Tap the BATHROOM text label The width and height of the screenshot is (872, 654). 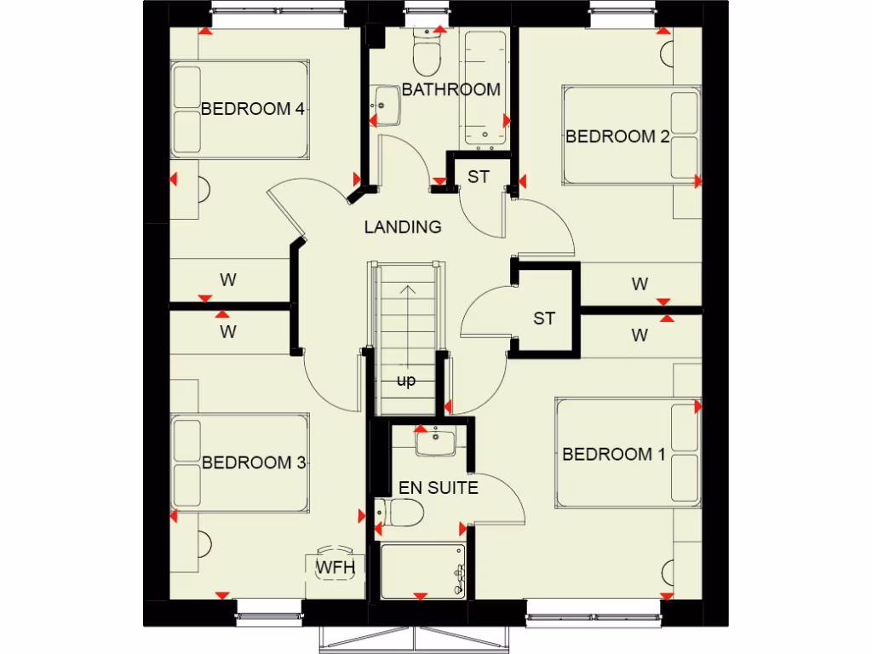[x=450, y=89]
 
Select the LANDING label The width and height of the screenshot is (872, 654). [x=403, y=227]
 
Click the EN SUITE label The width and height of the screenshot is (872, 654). [x=439, y=488]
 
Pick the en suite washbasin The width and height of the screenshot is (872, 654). [x=435, y=443]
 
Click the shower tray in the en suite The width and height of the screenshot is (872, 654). [x=422, y=571]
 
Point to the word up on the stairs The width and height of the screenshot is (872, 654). [x=406, y=381]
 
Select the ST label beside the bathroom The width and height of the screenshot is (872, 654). [x=479, y=177]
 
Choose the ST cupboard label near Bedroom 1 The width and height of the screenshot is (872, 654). [x=544, y=318]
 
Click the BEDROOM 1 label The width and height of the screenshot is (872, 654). [x=613, y=455]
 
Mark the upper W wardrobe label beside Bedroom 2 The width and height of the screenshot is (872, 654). [x=640, y=284]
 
